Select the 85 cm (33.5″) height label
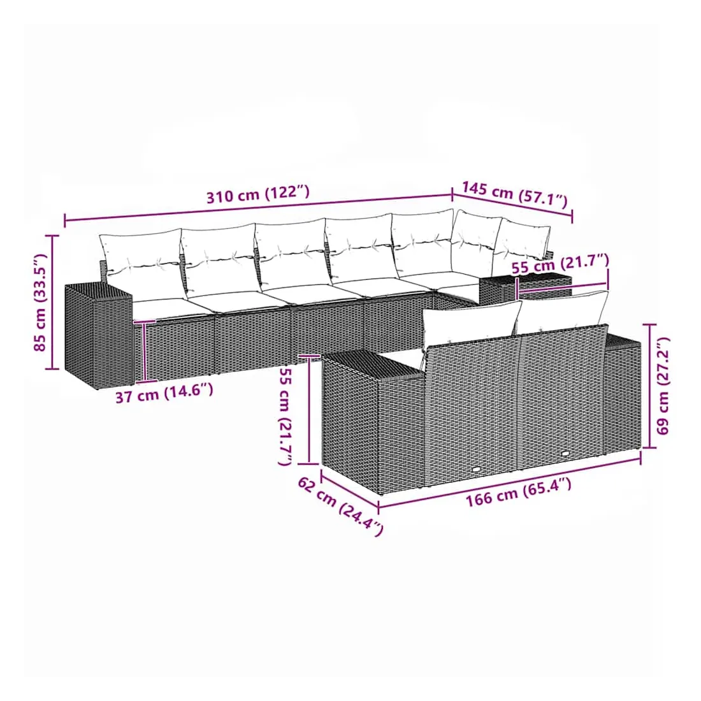[x=40, y=303]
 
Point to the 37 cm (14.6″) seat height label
[x=164, y=393]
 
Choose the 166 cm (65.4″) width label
[x=519, y=492]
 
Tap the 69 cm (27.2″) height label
[x=663, y=386]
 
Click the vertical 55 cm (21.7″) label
[x=285, y=416]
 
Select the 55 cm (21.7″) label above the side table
[x=560, y=264]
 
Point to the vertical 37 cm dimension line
[x=145, y=351]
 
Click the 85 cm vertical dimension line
[x=53, y=302]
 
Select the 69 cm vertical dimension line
[x=649, y=386]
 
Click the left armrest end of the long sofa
[x=98, y=335]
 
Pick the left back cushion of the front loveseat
[x=472, y=321]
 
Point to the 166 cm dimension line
[x=510, y=482]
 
